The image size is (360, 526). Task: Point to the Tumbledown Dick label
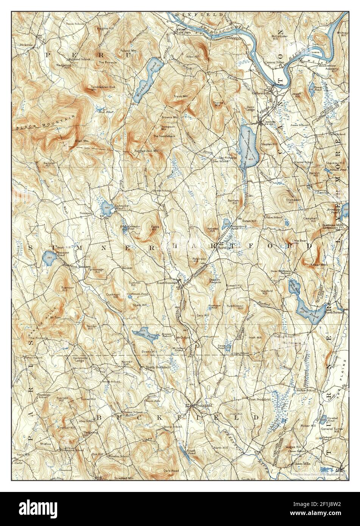100,87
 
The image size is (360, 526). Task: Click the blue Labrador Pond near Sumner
106,207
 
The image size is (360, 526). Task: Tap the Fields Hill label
154,227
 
